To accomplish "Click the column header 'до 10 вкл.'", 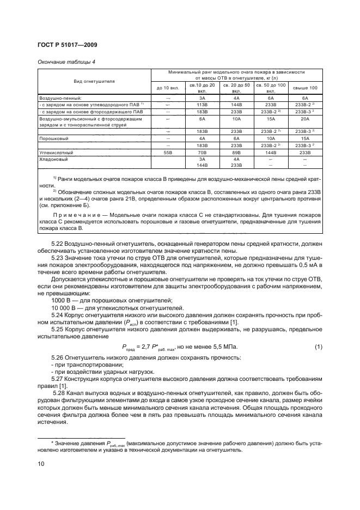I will point(167,88).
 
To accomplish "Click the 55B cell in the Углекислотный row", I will point(167,154).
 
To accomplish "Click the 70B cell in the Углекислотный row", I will point(202,154).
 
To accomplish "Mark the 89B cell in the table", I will point(236,154).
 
